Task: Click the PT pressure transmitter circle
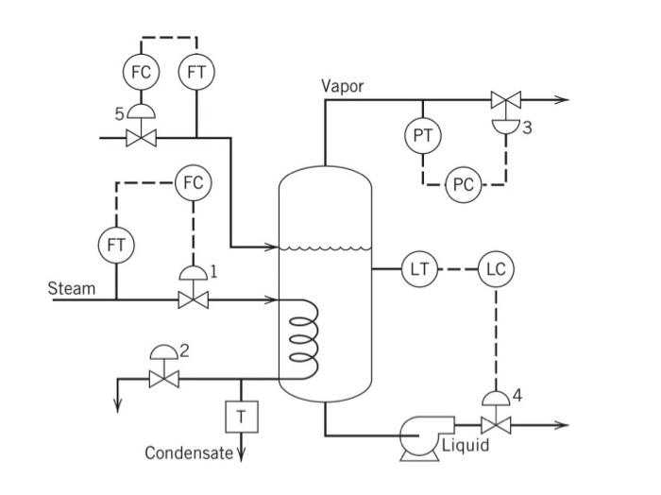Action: (422, 136)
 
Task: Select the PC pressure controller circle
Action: (463, 184)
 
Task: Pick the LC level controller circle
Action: (496, 269)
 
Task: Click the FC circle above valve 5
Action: (142, 71)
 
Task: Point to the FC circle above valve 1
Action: (194, 183)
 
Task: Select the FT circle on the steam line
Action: (116, 245)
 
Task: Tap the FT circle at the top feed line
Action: (197, 71)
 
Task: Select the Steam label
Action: (72, 288)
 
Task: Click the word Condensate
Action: (188, 453)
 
